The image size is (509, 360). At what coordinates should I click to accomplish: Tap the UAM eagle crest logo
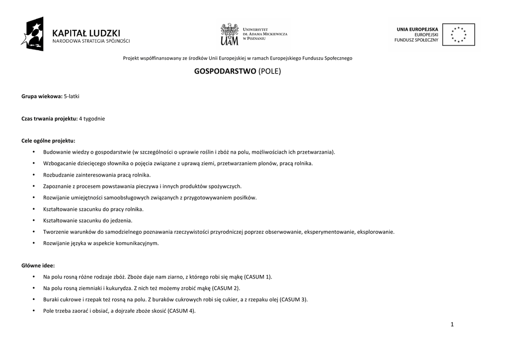(x=229, y=34)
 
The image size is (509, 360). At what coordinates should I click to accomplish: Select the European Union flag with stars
(x=458, y=35)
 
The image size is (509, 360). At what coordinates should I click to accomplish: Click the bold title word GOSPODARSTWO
(x=225, y=71)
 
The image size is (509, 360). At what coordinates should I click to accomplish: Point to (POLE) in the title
(x=270, y=71)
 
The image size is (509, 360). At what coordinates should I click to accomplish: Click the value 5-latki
(x=72, y=95)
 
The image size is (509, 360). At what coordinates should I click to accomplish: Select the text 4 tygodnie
(x=92, y=118)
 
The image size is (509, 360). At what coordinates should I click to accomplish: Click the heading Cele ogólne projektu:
(x=48, y=140)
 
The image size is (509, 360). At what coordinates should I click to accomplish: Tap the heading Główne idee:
(x=38, y=265)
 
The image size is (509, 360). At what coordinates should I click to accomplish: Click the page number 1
(x=452, y=325)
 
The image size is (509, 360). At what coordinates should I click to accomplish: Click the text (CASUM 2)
(x=226, y=288)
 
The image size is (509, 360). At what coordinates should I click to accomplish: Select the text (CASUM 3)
(x=293, y=299)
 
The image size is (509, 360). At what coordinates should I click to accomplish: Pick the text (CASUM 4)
(x=181, y=311)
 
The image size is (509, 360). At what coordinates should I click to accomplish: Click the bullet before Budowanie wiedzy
(x=33, y=152)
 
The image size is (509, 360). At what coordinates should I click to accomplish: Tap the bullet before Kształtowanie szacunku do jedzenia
(x=33, y=220)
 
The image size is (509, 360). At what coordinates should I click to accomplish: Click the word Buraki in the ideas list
(x=51, y=299)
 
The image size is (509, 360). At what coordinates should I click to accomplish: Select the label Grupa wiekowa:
(x=42, y=95)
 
